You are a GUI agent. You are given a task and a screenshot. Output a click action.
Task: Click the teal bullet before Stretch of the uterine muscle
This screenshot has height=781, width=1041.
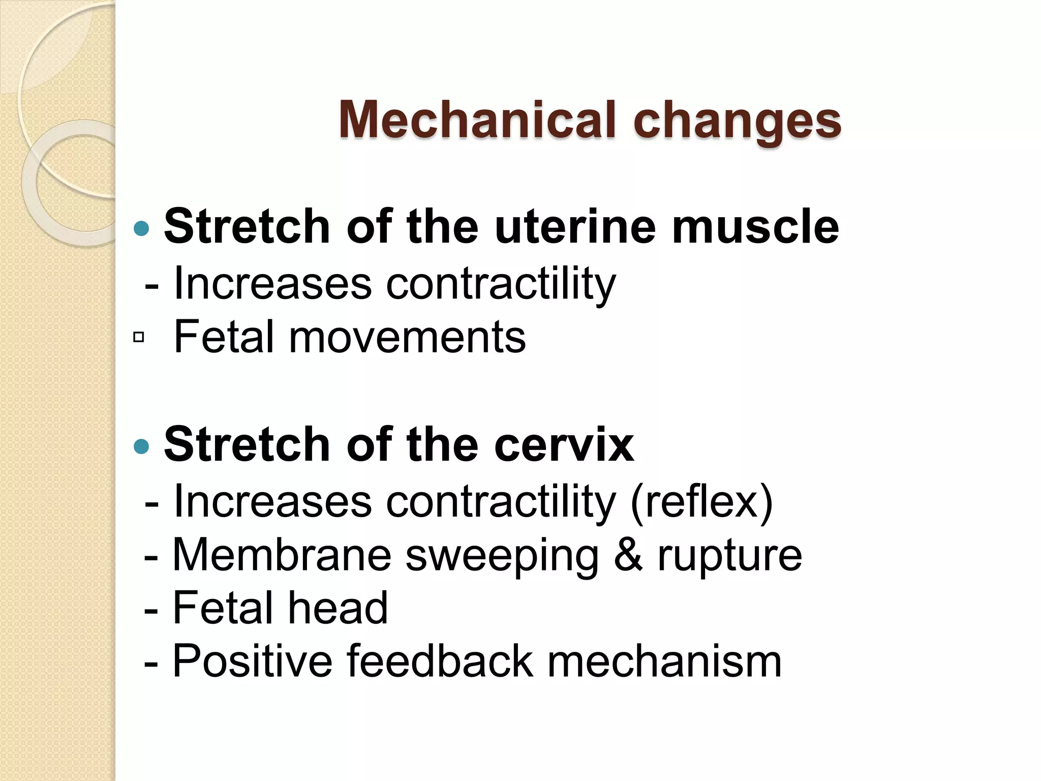coord(141,228)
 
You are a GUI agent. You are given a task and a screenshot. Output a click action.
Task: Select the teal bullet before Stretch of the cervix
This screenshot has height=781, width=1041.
coord(141,446)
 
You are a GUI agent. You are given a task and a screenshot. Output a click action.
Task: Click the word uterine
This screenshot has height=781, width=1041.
coord(575,227)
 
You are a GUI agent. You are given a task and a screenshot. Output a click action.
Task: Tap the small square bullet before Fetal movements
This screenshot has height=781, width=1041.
coord(138,337)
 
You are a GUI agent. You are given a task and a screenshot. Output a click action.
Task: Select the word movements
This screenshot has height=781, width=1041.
coord(407,337)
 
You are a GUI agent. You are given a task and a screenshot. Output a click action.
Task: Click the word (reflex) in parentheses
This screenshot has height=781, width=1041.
coord(701,502)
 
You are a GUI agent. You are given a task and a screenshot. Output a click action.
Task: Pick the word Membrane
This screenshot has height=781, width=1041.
coord(282,555)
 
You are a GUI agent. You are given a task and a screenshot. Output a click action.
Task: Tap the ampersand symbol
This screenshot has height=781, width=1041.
coord(628,555)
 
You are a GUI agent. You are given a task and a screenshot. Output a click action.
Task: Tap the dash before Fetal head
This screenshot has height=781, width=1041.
coord(151,609)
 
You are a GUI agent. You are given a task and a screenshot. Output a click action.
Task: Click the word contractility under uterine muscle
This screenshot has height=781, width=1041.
coord(501,284)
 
